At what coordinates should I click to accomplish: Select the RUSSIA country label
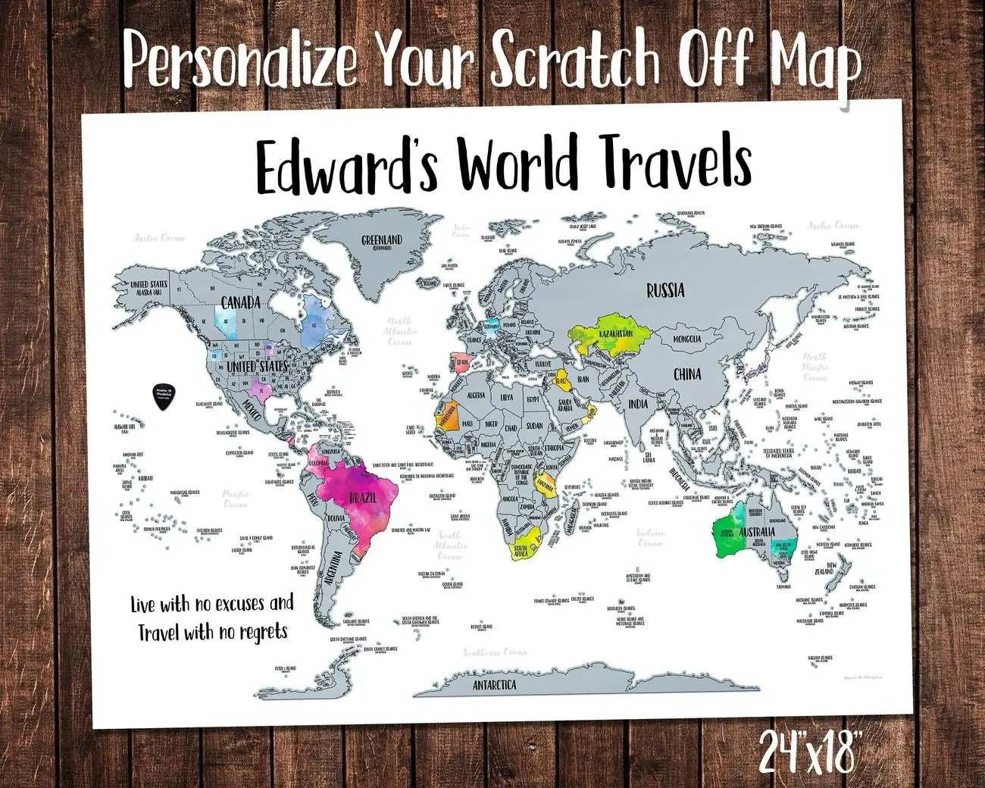(x=665, y=289)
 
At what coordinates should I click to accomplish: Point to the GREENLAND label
(x=381, y=242)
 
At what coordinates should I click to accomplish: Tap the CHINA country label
(x=686, y=374)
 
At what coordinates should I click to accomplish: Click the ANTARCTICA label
(x=494, y=685)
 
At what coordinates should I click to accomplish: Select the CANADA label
(x=240, y=303)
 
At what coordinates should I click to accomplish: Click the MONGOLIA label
(x=686, y=339)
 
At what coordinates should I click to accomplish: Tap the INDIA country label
(x=638, y=404)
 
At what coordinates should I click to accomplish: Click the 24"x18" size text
(x=810, y=753)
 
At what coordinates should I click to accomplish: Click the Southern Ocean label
(x=496, y=652)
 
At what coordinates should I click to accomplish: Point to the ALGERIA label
(x=477, y=395)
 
